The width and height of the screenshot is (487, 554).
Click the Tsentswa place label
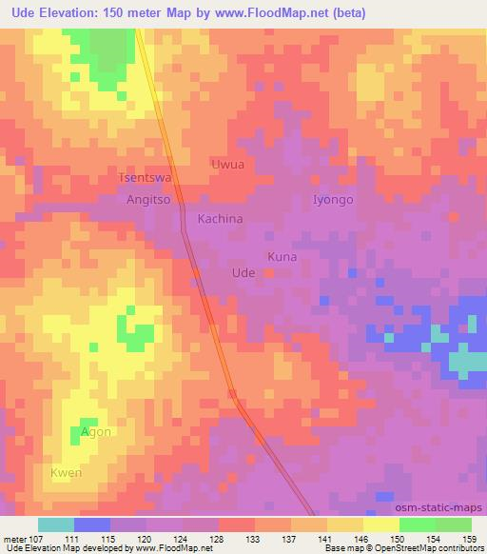point(145,178)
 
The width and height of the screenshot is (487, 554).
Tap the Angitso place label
point(148,201)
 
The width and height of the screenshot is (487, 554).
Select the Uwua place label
point(226,165)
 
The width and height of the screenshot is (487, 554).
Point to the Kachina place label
point(220,219)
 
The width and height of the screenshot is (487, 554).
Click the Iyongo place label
point(333,200)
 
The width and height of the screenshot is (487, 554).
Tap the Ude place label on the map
point(243,272)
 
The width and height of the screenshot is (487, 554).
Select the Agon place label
point(95,432)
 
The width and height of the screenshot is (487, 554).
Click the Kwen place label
point(66,473)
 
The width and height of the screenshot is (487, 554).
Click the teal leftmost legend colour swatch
point(56,524)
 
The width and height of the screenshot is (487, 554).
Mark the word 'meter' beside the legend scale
point(18,538)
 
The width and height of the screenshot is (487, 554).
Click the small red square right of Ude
point(269,273)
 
